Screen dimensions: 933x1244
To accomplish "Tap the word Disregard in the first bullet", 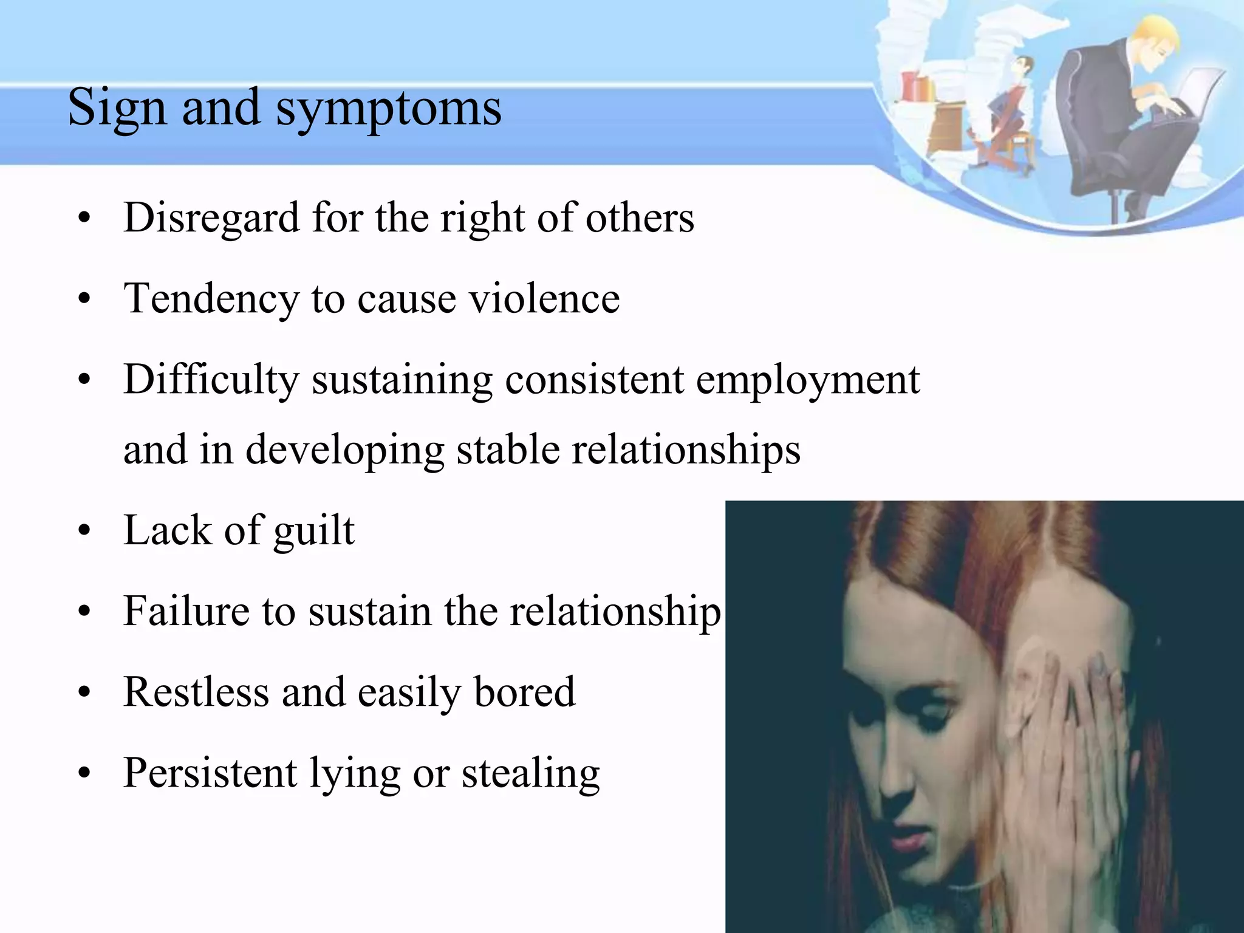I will tap(211, 217).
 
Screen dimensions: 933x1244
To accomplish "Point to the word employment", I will tap(807, 380).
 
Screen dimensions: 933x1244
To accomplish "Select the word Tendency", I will tap(211, 299).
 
